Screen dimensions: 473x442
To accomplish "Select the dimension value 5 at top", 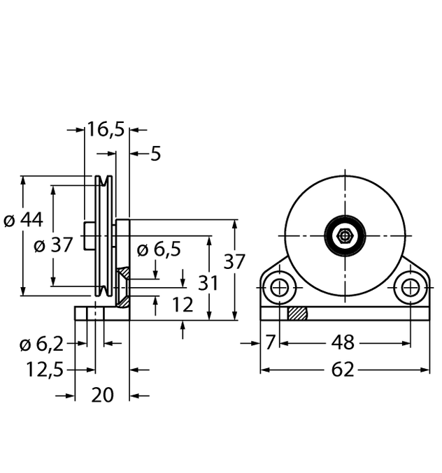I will (x=155, y=153).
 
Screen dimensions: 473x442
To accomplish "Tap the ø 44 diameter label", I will (x=24, y=220).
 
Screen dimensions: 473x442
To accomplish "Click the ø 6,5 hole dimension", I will (x=159, y=249).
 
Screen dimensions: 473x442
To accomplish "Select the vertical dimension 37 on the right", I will (x=235, y=262).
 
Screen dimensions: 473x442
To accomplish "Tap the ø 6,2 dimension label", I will (x=42, y=344).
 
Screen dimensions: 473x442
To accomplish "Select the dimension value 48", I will (x=343, y=343).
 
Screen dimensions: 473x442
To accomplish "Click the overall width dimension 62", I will (x=343, y=370).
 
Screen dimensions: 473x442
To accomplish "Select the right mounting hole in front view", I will (x=411, y=287).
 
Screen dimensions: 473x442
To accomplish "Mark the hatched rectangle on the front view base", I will (x=297, y=314).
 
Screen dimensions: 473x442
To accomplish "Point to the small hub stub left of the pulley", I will (x=90, y=235).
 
